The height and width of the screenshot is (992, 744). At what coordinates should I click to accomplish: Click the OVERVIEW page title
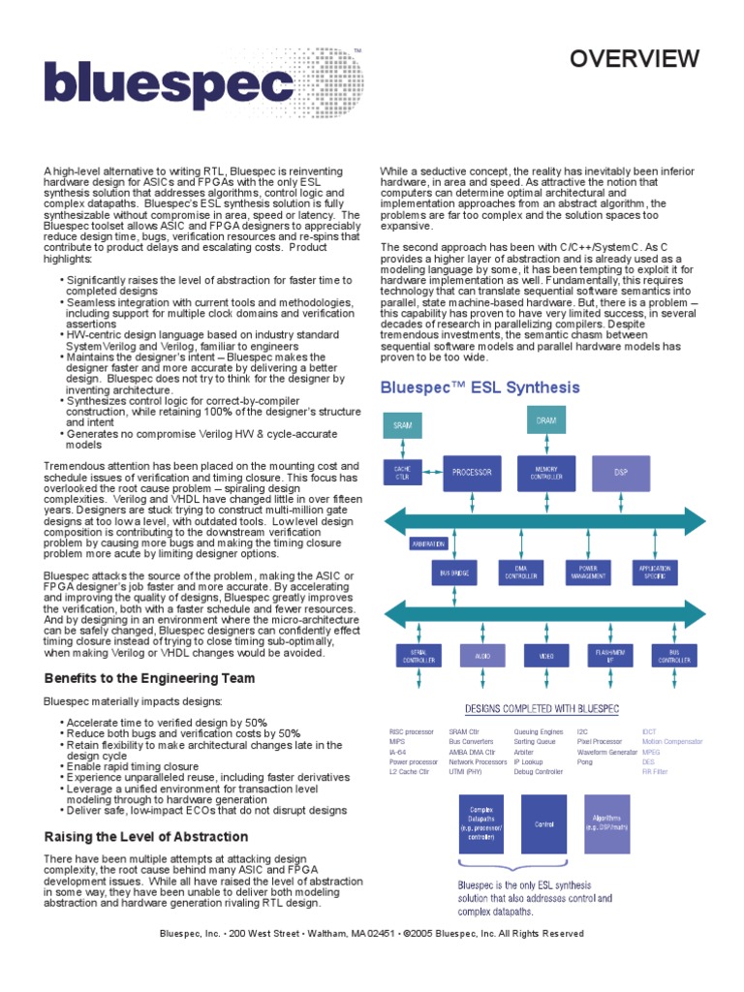[634, 60]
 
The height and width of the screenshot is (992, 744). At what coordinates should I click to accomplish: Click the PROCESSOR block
[472, 473]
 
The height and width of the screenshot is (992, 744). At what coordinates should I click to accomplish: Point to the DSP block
[621, 473]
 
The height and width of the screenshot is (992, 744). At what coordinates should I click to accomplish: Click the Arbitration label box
[427, 543]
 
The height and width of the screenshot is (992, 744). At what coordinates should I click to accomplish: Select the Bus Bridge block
[453, 573]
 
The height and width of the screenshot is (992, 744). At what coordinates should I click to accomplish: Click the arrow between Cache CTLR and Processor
[431, 472]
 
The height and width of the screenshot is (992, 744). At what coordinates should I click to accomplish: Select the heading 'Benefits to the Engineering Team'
[149, 678]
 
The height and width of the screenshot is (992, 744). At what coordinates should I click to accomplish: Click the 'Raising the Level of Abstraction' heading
[146, 836]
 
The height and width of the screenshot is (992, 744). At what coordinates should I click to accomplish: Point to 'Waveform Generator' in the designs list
[606, 752]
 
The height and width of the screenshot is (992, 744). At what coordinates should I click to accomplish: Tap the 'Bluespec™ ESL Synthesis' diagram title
[480, 387]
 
